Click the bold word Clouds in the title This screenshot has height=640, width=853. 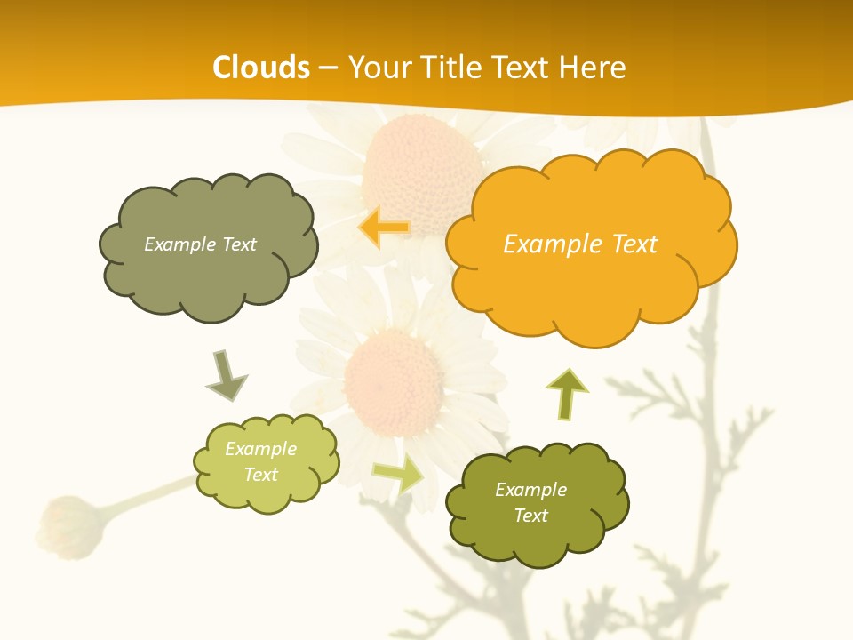(261, 68)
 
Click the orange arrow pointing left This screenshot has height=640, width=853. (384, 228)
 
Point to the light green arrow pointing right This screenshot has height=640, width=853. (397, 476)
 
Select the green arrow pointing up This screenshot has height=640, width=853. (567, 394)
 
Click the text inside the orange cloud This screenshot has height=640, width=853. (580, 244)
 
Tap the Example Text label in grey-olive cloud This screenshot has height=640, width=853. (200, 244)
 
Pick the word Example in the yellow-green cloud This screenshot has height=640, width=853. (260, 449)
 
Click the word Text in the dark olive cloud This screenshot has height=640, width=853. (530, 516)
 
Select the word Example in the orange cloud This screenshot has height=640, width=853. (546, 244)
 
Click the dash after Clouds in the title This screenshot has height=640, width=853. (328, 68)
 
